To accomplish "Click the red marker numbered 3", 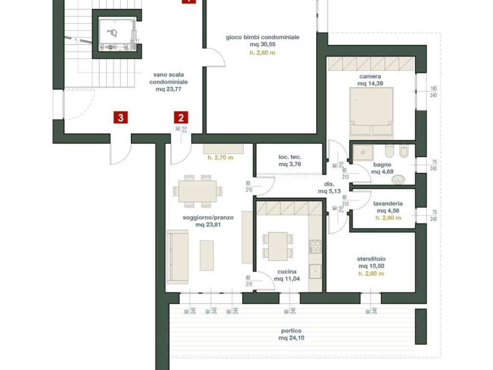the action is coord(121,118).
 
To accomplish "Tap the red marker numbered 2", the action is coord(181,118).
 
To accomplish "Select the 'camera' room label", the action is coord(370,77).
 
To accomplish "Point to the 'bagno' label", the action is coord(382,165).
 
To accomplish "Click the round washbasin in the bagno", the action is coord(399,180).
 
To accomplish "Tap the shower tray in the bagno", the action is coord(363,153).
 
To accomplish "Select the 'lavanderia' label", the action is coord(388,204).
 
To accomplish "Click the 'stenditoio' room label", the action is coord(371,259).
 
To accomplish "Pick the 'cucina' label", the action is coord(287,272).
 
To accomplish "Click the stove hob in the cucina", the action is coord(315,246).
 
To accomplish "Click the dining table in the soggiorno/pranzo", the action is coord(197,191).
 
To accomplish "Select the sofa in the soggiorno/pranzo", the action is coord(177,257).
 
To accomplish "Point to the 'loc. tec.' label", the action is coord(289,157).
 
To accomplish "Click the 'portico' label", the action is coord(291,330).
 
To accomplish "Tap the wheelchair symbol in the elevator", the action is coord(112,33).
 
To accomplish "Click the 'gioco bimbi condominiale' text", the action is coord(262,37).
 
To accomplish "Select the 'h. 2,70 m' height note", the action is coord(221,158).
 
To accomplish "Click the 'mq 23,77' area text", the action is coord(169,89).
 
